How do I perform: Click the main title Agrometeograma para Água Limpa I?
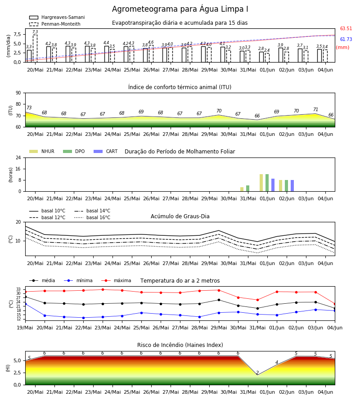[180, 9]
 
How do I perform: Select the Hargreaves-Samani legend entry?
[57, 17]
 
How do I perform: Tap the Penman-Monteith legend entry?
[55, 24]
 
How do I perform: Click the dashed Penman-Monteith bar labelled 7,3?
[35, 48]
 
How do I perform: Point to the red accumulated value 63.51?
[346, 29]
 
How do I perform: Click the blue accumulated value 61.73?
[346, 39]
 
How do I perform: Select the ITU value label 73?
[29, 108]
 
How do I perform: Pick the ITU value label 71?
[315, 109]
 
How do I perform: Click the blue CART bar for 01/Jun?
[273, 185]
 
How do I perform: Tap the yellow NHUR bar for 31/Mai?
[242, 189]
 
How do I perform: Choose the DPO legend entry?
[74, 151]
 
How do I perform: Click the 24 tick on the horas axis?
[18, 157]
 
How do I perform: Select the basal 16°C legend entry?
[92, 217]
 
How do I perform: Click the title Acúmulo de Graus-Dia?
[180, 216]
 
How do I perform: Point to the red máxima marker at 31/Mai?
[257, 300]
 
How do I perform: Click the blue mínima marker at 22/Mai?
[83, 318]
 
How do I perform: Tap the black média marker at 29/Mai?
[219, 300]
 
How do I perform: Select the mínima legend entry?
[78, 280]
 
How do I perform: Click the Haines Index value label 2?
[257, 373]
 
